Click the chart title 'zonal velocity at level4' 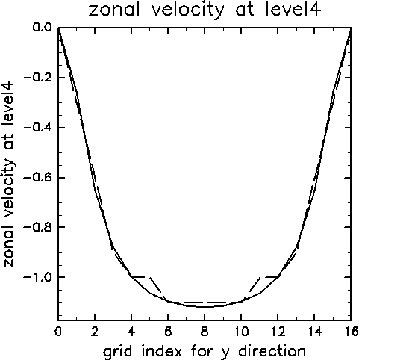tap(205, 10)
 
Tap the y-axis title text tap(9, 174)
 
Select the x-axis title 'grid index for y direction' tap(205, 351)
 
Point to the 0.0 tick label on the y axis tap(42, 27)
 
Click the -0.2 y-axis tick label tap(37, 78)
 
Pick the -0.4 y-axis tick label tap(37, 128)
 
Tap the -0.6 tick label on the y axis tap(37, 178)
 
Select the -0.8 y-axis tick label tap(37, 226)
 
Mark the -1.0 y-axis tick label tap(37, 277)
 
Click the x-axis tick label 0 tap(58, 332)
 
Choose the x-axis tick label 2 tap(95, 332)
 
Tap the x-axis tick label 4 tap(131, 332)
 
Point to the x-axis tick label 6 tap(168, 332)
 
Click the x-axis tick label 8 tap(205, 332)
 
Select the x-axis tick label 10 tap(241, 332)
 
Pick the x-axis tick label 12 tap(278, 332)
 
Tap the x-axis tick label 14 tap(314, 332)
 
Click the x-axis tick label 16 tap(351, 332)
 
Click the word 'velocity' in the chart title tap(188, 10)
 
